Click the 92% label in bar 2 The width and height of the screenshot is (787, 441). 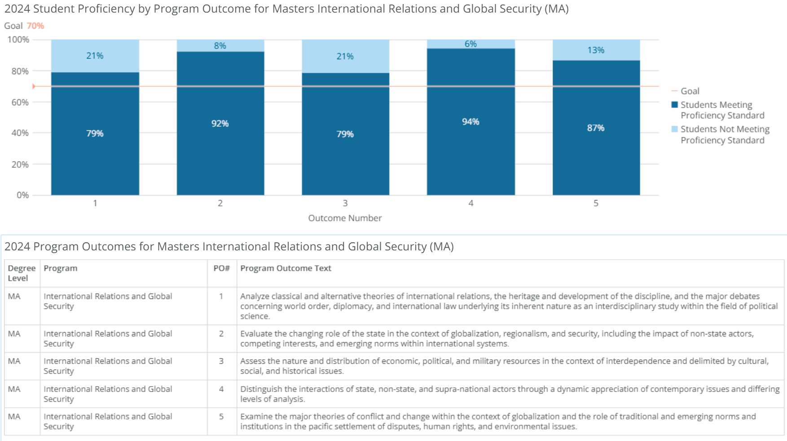pyautogui.click(x=220, y=124)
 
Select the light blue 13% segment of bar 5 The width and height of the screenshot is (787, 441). pyautogui.click(x=596, y=50)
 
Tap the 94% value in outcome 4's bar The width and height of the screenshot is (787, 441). pyautogui.click(x=470, y=122)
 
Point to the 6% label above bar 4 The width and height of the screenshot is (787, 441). pyautogui.click(x=470, y=44)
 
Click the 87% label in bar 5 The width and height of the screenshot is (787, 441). pyautogui.click(x=596, y=128)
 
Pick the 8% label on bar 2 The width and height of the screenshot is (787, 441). pyautogui.click(x=220, y=46)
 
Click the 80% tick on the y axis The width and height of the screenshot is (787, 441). pyautogui.click(x=20, y=71)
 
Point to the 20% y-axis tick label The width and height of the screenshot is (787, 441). pyautogui.click(x=20, y=165)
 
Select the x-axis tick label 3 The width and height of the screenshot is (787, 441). pyautogui.click(x=345, y=203)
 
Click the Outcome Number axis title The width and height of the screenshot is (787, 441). pyautogui.click(x=345, y=218)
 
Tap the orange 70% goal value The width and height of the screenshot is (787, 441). pyautogui.click(x=35, y=26)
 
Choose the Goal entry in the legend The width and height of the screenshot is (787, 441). pyautogui.click(x=690, y=91)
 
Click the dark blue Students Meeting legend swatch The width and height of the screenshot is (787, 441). pyautogui.click(x=674, y=105)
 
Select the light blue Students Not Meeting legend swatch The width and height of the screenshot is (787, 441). pyautogui.click(x=674, y=129)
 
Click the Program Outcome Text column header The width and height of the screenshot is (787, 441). pyautogui.click(x=286, y=268)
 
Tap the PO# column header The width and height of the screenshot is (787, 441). pyautogui.click(x=221, y=268)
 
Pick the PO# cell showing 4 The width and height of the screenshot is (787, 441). pyautogui.click(x=221, y=389)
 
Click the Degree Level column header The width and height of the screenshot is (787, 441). pyautogui.click(x=21, y=273)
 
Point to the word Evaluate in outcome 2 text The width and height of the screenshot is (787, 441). pyautogui.click(x=256, y=334)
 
